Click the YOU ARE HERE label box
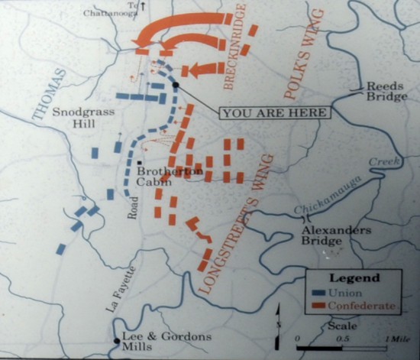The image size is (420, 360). tap(276, 112)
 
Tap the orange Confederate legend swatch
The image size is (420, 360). tap(320, 306)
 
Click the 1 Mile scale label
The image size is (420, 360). tap(396, 337)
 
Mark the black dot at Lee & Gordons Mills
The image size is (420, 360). tap(117, 339)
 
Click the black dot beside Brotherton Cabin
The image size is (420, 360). tap(141, 162)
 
